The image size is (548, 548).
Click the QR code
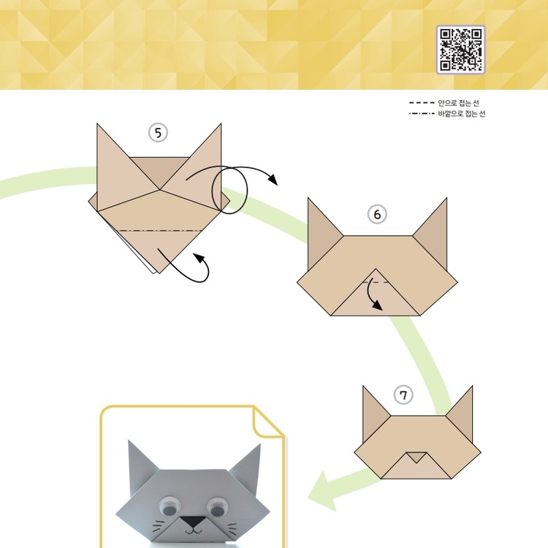(460, 49)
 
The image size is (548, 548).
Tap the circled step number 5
(158, 133)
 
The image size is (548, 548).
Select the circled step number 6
(377, 214)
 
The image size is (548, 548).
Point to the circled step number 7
(403, 395)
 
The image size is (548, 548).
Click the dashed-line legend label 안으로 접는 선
(458, 103)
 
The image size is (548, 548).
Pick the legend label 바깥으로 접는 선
(461, 113)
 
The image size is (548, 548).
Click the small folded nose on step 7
(416, 457)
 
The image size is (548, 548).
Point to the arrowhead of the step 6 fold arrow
(378, 305)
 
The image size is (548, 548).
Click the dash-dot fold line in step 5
(161, 231)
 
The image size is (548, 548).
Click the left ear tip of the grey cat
(129, 441)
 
